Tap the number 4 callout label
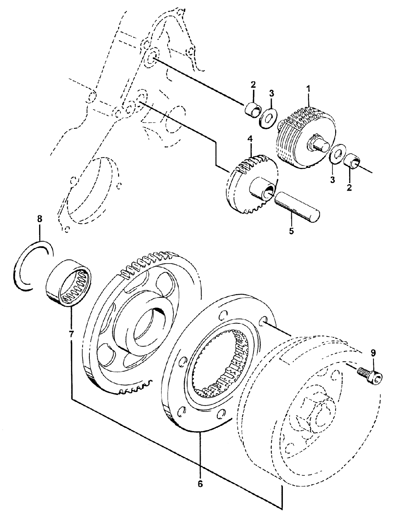point(250,140)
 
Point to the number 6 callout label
point(200,484)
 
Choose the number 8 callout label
point(39,219)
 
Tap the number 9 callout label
point(373,353)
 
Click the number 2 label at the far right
point(349,187)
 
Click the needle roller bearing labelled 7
point(69,284)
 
